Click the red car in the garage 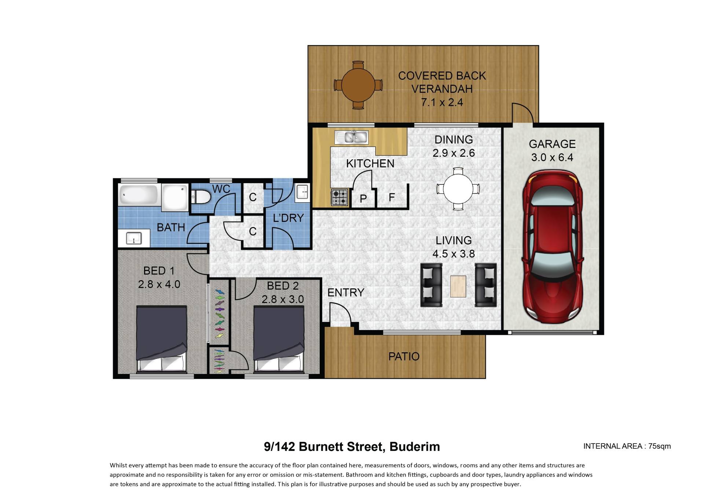[553, 246]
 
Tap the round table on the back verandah [358, 85]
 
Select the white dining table [458, 189]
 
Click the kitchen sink [351, 137]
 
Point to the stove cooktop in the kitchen [340, 197]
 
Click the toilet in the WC [201, 197]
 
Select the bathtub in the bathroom [139, 195]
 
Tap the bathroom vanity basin [134, 238]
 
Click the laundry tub [302, 191]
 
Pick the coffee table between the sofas [458, 286]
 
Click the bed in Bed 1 [161, 339]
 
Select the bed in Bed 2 [279, 339]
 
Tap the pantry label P [363, 199]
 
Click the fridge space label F [392, 197]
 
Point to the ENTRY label [346, 292]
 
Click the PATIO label [404, 356]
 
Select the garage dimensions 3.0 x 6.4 [552, 157]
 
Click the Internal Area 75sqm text [627, 446]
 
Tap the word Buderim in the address [415, 447]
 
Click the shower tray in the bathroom [175, 197]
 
